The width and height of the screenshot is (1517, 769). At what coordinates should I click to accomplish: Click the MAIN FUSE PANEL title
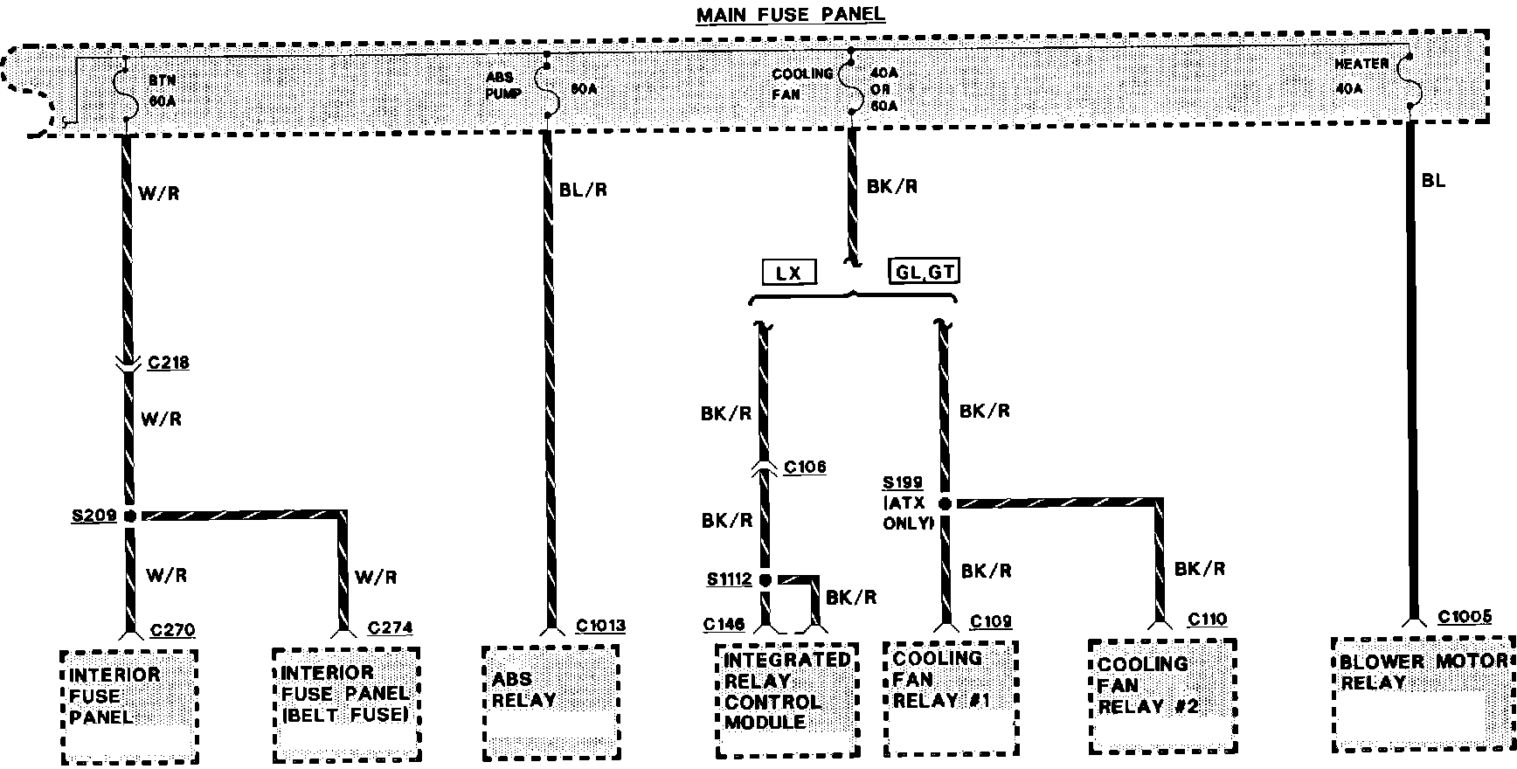[790, 15]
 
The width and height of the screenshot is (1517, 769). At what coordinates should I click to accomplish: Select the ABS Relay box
[551, 702]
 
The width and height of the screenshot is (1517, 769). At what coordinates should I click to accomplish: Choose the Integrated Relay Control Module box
[785, 701]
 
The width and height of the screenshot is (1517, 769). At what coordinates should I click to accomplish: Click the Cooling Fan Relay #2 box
[1161, 695]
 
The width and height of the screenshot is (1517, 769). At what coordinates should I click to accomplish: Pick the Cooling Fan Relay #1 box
[951, 696]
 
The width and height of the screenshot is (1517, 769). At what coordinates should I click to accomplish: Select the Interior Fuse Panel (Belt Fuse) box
[345, 703]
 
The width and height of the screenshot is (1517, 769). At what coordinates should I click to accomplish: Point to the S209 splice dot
[129, 516]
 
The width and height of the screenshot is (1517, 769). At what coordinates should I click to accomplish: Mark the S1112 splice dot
[765, 579]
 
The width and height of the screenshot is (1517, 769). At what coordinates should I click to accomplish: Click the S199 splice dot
[945, 504]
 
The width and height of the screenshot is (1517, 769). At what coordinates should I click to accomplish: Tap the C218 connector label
[168, 363]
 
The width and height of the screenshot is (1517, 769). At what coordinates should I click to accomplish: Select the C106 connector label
[804, 468]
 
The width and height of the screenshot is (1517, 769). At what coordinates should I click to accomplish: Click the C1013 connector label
[600, 626]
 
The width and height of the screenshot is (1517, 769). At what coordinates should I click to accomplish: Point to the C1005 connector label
[1465, 617]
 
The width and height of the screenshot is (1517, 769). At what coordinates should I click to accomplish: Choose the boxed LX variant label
[788, 274]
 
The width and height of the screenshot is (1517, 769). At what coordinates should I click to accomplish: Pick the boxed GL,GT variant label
[924, 271]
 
